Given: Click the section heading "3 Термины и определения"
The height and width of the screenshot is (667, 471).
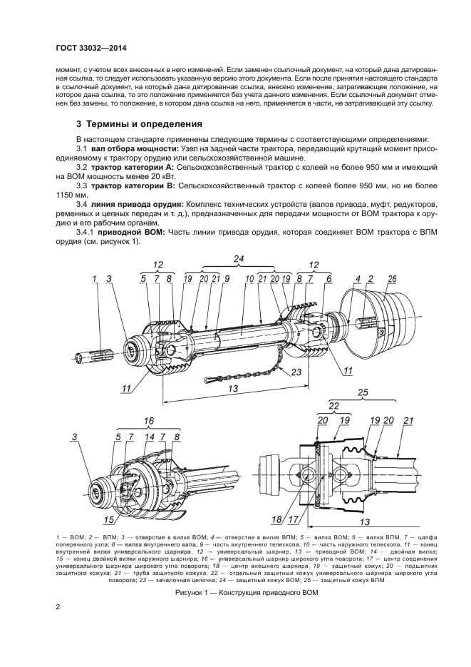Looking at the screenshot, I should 139,123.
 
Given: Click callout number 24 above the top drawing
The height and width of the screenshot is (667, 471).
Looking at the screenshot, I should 239,258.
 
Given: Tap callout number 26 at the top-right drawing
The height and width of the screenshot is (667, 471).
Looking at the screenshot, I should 393,279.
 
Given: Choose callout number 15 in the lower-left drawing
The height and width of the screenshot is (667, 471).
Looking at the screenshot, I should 109,519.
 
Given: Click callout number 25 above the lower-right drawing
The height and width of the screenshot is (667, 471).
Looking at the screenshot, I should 362,393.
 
